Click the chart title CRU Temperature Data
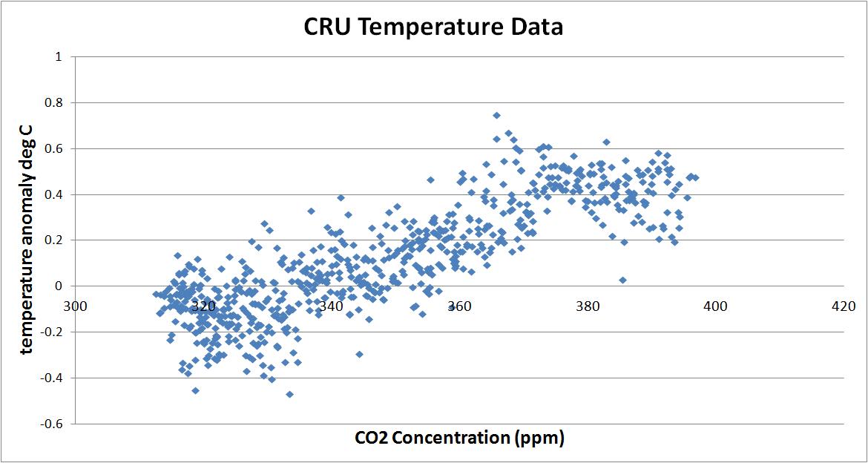[x=433, y=27]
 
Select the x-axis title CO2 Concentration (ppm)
[x=459, y=438]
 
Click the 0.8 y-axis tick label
[x=55, y=103]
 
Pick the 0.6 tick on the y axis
[x=55, y=149]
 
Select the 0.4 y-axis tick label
[x=55, y=195]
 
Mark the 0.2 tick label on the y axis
[x=55, y=241]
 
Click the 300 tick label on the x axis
[x=76, y=305]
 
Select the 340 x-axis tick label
[x=332, y=305]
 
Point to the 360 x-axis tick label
[x=459, y=305]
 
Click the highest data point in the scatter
[x=496, y=115]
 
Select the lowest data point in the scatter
[x=289, y=394]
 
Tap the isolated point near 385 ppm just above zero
[x=622, y=280]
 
